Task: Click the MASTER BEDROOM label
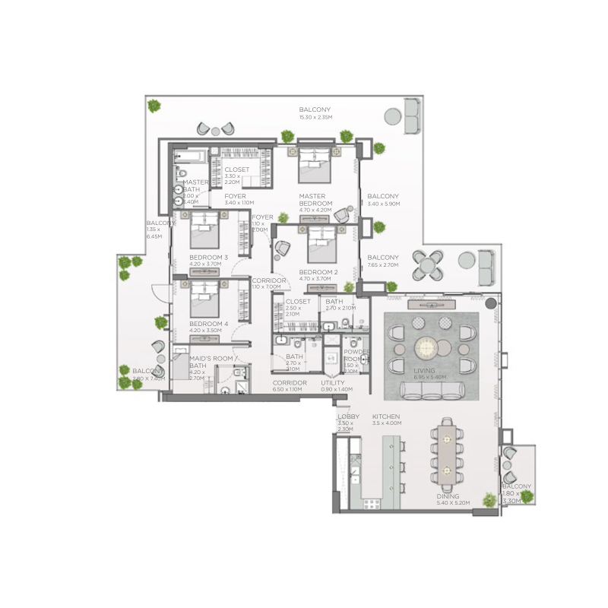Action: point(315,200)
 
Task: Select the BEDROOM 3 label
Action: point(208,258)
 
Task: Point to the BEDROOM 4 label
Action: point(208,324)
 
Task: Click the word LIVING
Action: point(426,370)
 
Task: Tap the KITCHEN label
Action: point(386,417)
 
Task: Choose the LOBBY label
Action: point(348,417)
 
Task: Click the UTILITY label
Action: point(333,383)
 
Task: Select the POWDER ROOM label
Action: point(356,356)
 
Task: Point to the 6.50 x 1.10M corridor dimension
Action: point(287,389)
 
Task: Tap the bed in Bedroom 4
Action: point(204,299)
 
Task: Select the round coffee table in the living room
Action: point(426,347)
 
